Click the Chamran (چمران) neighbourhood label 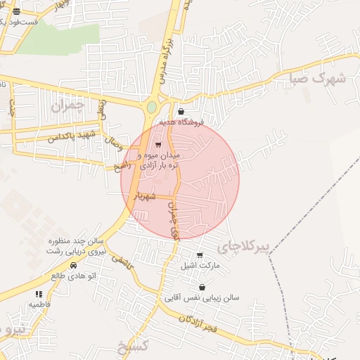(67, 106)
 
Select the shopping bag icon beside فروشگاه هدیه (181, 111)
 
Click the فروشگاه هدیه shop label (181, 122)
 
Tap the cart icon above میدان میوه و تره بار (158, 145)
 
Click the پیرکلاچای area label (243, 245)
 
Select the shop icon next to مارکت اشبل (200, 255)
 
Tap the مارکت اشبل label (200, 266)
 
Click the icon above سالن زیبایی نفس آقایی (202, 287)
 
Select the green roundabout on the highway (151, 108)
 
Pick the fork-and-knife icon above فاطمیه (39, 294)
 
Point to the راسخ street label (122, 166)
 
